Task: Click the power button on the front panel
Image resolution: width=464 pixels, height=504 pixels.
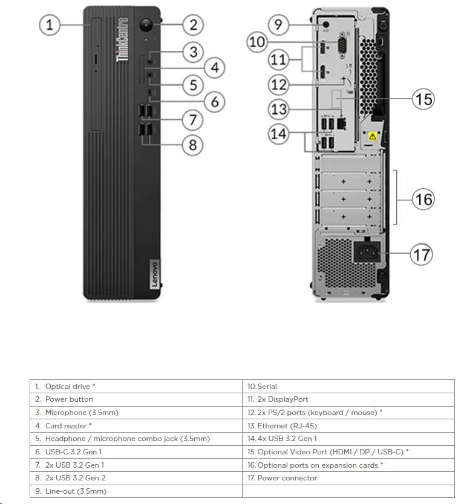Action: tap(146, 25)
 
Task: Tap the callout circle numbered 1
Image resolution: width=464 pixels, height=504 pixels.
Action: tap(50, 25)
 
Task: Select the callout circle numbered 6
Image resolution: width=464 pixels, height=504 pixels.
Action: tap(214, 102)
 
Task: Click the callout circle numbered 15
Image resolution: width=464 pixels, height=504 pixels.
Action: tap(423, 99)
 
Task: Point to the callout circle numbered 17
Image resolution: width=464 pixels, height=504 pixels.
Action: tap(421, 254)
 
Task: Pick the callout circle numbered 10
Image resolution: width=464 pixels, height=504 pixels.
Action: tap(257, 42)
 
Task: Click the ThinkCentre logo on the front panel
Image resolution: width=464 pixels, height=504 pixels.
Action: tap(122, 39)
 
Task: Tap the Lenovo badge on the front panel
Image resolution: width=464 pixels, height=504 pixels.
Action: tap(154, 274)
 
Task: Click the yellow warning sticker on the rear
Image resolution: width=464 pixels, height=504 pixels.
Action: tap(373, 136)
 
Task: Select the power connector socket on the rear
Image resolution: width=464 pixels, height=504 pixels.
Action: tap(367, 252)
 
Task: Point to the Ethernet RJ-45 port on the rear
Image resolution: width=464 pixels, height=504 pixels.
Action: tap(341, 123)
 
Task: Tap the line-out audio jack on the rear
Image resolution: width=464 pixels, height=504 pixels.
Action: tap(326, 24)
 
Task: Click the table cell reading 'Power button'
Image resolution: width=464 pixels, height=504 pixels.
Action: tap(136, 399)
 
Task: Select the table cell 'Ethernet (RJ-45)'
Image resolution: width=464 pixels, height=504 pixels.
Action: tap(348, 425)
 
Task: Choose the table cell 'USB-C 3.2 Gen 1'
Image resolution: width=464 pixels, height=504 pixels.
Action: tap(136, 452)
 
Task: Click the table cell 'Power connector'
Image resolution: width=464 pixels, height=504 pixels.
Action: tap(348, 478)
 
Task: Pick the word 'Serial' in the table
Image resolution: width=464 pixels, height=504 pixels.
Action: tap(267, 387)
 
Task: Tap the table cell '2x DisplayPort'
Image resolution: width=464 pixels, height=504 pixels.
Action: tap(348, 399)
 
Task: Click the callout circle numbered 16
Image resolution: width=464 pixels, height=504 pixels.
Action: tap(423, 199)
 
